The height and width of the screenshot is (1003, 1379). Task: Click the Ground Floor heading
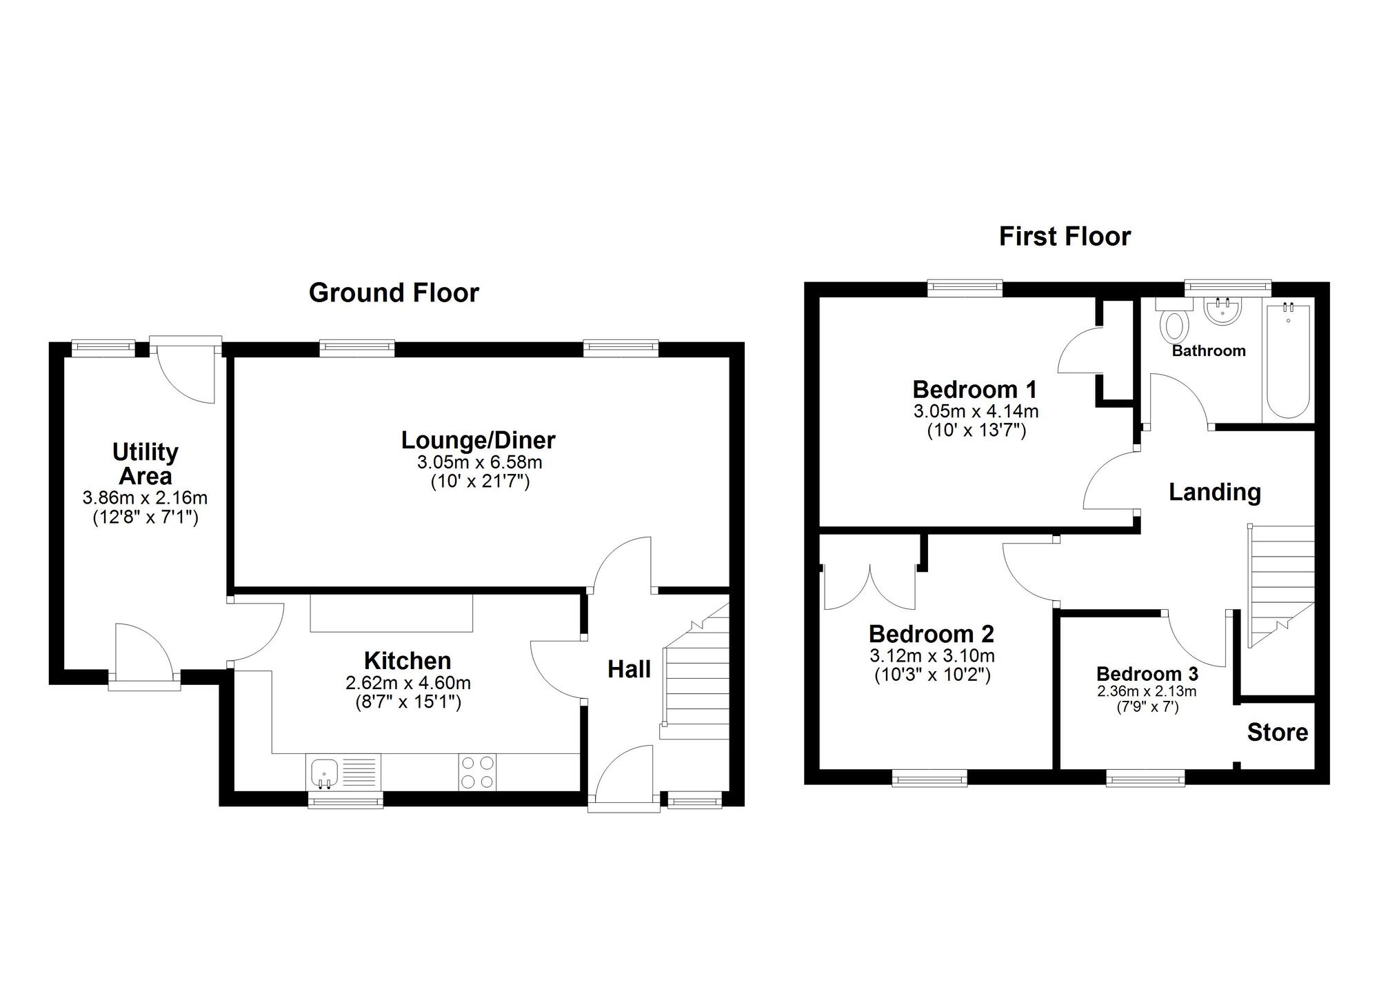(x=394, y=293)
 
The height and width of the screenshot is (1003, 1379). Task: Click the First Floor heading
(x=1065, y=237)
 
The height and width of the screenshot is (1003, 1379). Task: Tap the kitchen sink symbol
(x=323, y=772)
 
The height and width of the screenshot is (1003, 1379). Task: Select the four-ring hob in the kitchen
(x=477, y=772)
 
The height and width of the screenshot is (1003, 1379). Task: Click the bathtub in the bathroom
(x=1288, y=360)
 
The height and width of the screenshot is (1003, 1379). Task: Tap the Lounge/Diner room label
(x=478, y=440)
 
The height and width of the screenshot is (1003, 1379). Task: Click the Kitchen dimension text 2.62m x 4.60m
(x=408, y=684)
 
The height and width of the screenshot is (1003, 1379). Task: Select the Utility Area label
(x=145, y=464)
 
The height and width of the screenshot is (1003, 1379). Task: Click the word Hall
(x=629, y=669)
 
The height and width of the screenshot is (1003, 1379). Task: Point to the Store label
(x=1277, y=733)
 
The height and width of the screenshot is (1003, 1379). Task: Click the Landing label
(x=1214, y=492)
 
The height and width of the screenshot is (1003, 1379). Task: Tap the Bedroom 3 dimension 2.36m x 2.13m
(x=1147, y=691)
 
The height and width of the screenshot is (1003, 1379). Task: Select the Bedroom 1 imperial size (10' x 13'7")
(x=976, y=431)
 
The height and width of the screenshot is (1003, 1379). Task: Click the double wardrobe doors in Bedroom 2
(x=870, y=588)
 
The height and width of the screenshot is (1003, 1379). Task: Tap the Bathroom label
(x=1208, y=350)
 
